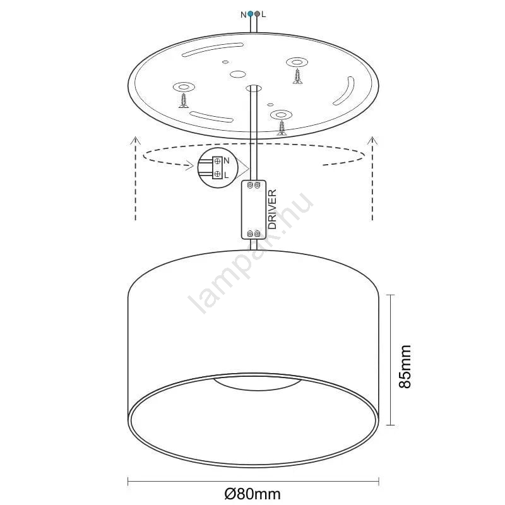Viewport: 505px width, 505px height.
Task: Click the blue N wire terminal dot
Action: point(250,14)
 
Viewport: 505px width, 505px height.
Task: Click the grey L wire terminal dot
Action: point(257,14)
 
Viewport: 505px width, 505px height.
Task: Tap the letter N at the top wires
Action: point(244,15)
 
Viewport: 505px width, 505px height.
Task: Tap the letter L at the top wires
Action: point(264,15)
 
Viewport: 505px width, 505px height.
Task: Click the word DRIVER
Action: point(273,210)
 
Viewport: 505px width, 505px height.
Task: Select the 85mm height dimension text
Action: point(405,366)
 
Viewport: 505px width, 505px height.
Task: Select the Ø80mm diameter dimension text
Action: point(252,494)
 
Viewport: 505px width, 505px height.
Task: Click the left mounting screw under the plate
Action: point(184,101)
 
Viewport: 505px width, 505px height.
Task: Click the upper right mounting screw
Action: point(297,76)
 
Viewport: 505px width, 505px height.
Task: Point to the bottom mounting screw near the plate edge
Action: point(282,128)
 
